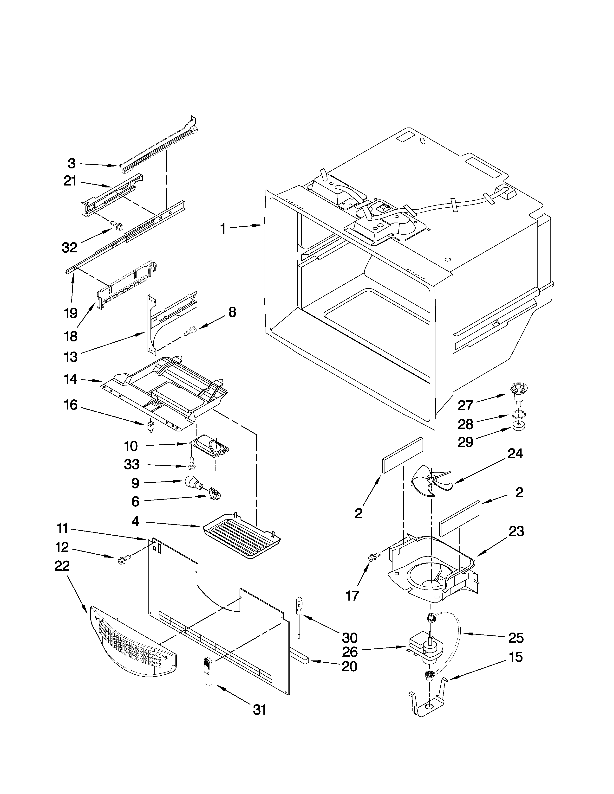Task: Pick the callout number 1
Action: (x=223, y=229)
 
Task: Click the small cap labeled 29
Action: (x=518, y=425)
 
